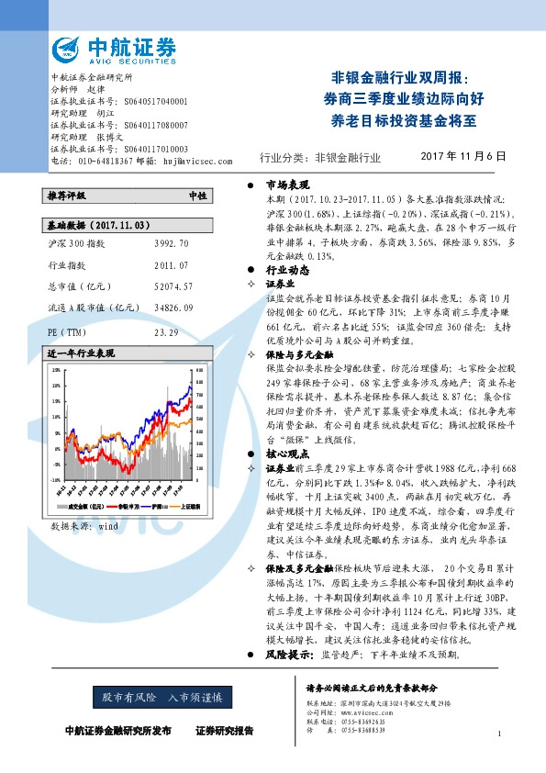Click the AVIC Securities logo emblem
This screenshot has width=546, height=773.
69,50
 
